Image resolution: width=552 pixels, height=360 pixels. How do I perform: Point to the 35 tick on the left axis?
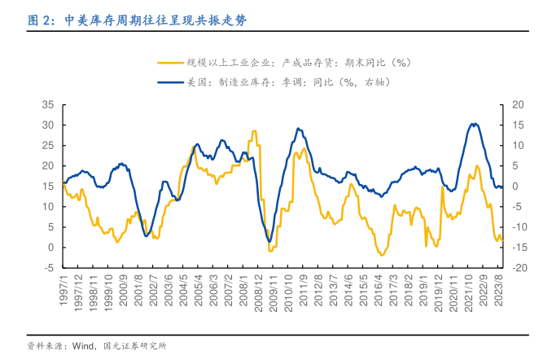pyautogui.click(x=47, y=105)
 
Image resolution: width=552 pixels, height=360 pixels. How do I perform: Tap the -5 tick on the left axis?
pyautogui.click(x=48, y=267)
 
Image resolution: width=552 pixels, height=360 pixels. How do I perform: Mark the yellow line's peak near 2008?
pyautogui.click(x=254, y=131)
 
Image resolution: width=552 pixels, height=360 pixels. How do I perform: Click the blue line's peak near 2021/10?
pyautogui.click(x=475, y=124)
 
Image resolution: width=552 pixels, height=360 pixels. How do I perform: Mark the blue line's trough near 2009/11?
pyautogui.click(x=269, y=239)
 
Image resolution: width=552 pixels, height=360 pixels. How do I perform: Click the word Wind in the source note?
pyautogui.click(x=84, y=346)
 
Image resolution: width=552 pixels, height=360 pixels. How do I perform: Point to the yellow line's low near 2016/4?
pyautogui.click(x=380, y=255)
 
